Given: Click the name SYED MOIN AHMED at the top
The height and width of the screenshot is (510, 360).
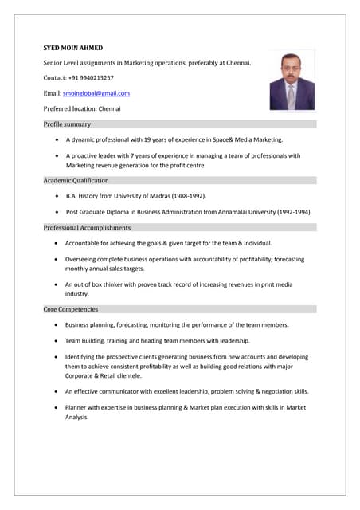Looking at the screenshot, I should click(x=72, y=48).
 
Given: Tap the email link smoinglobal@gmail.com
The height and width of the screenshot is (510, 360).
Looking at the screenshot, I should click(x=96, y=93).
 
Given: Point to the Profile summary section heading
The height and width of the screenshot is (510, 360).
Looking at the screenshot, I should click(x=67, y=124).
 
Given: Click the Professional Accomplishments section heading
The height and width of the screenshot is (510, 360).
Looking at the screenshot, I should click(x=87, y=228).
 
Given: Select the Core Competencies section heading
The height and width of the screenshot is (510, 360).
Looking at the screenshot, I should click(x=71, y=309).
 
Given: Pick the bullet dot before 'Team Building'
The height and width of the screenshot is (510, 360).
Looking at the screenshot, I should click(x=55, y=341).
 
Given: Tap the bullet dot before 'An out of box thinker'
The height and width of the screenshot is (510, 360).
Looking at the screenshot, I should click(x=55, y=284).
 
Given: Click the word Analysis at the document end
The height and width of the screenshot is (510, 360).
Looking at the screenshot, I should click(x=77, y=417).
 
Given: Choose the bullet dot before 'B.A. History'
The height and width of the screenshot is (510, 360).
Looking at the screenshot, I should click(x=56, y=196).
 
